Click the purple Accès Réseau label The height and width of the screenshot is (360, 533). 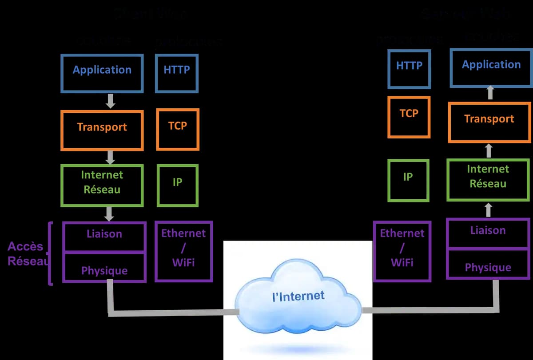pyautogui.click(x=26, y=253)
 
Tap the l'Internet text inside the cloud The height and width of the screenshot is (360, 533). pyautogui.click(x=298, y=296)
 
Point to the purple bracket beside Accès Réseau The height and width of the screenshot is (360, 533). pyautogui.click(x=50, y=253)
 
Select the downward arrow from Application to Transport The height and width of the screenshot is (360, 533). pyautogui.click(x=111, y=101)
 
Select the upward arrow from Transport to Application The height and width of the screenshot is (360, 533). pyautogui.click(x=490, y=93)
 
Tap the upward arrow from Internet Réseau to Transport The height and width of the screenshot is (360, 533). pyautogui.click(x=489, y=150)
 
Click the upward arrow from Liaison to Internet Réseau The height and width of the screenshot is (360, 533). pyautogui.click(x=489, y=210)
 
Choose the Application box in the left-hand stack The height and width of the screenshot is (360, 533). pyautogui.click(x=102, y=73)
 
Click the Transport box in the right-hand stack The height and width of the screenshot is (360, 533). pyautogui.click(x=489, y=122)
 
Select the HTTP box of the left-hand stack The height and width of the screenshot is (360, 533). pyautogui.click(x=176, y=73)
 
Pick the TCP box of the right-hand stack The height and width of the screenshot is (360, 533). pyautogui.click(x=409, y=117)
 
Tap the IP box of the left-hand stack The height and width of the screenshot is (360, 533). pyautogui.click(x=177, y=185)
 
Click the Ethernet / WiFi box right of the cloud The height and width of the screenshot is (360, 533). pyautogui.click(x=402, y=251)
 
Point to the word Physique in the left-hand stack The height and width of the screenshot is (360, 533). pyautogui.click(x=104, y=271)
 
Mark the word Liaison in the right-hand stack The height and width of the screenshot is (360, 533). pyautogui.click(x=488, y=230)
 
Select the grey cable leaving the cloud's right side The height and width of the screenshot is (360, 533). pyautogui.click(x=426, y=309)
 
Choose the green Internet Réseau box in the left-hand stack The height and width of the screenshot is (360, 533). pyautogui.click(x=102, y=185)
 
